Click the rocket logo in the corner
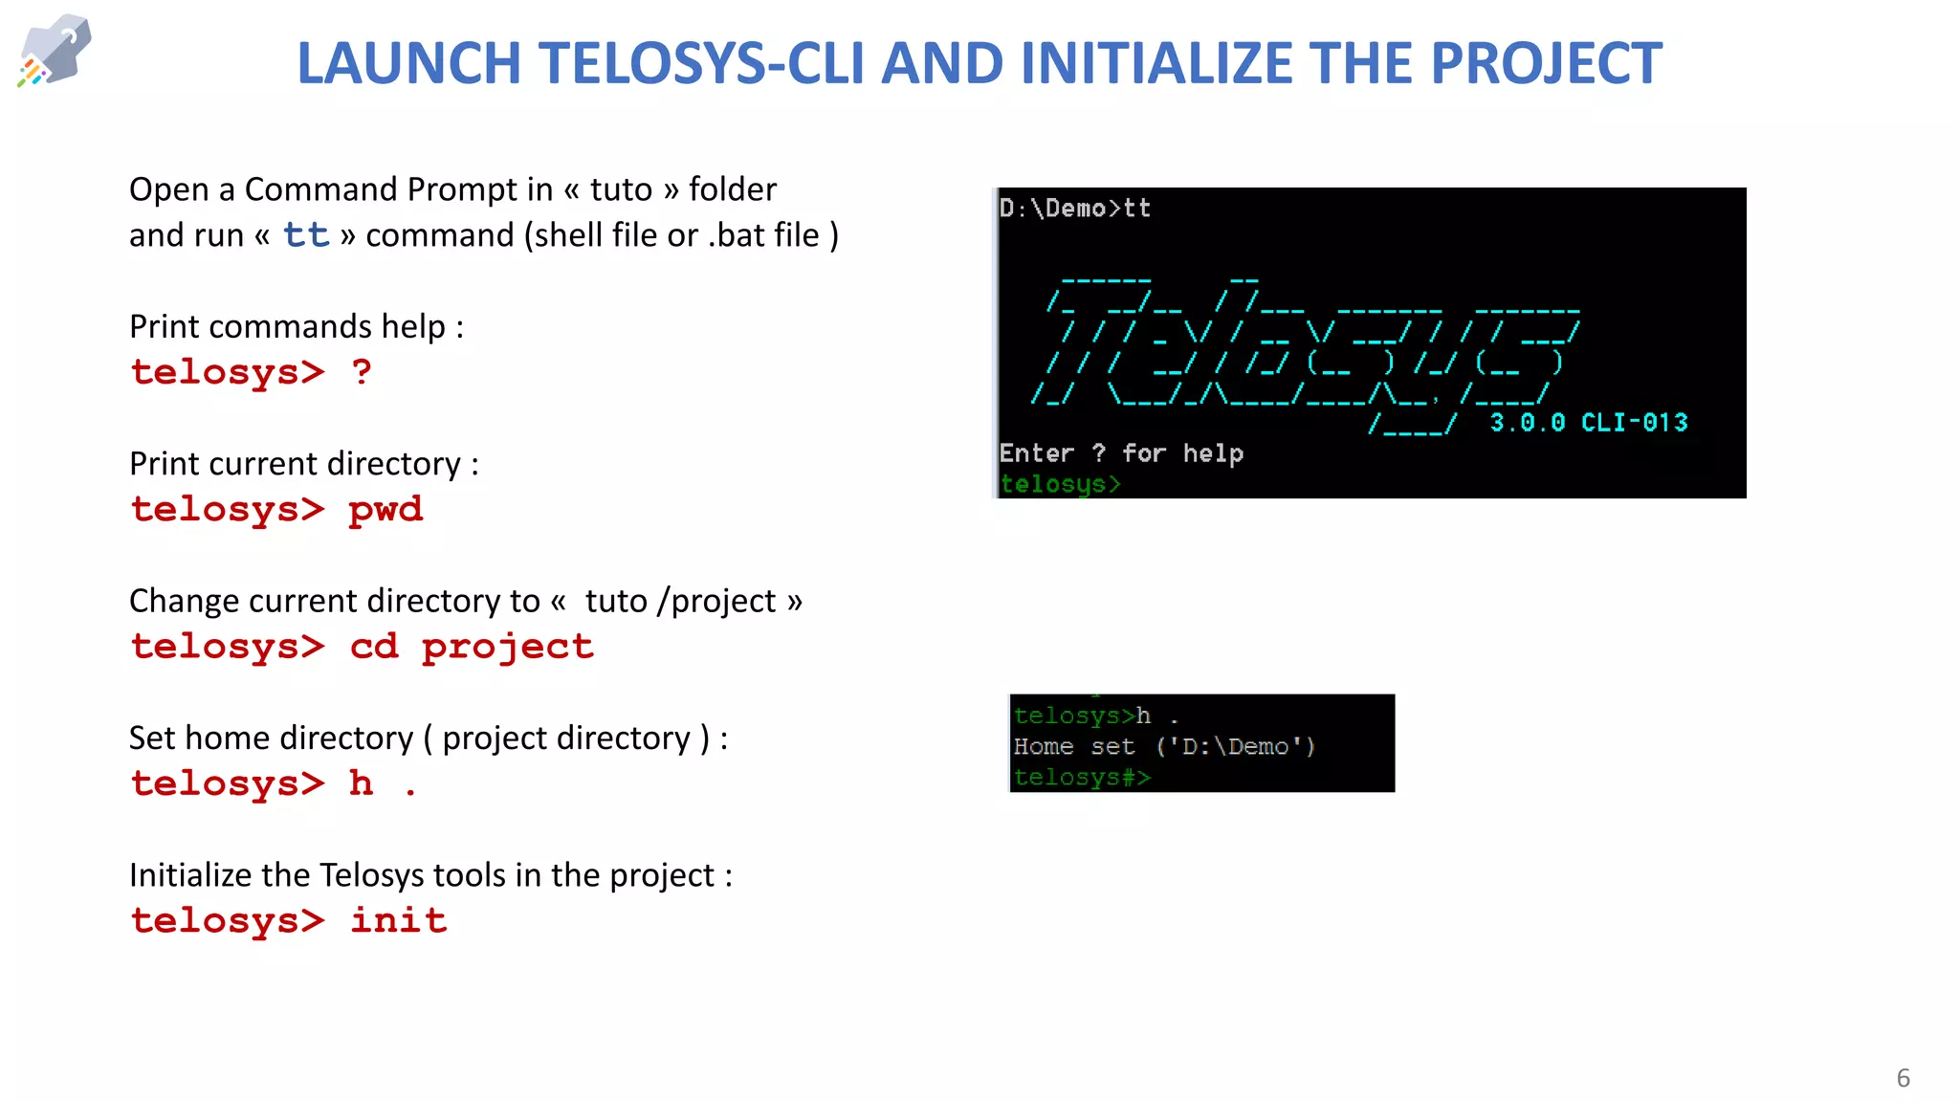tap(55, 50)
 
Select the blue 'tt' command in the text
tap(305, 235)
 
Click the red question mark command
tap(361, 372)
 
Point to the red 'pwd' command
tap(385, 510)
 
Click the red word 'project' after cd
tap(507, 648)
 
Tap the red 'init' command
tap(398, 921)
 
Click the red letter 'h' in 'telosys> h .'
tap(361, 783)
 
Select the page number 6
tap(1903, 1078)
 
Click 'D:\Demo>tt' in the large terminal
tap(1074, 209)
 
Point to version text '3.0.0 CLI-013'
tap(1588, 423)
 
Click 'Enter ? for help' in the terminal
tap(1121, 453)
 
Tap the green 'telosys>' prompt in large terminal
tap(1059, 485)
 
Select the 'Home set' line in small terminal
tap(1163, 747)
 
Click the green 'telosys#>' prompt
tap(1081, 778)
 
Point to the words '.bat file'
tap(763, 235)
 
